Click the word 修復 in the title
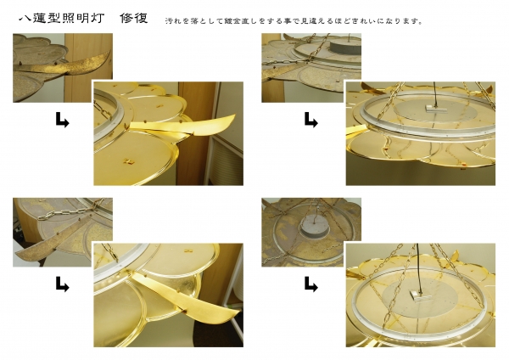point(134,18)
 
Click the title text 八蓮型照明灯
point(62,18)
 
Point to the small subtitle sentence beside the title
point(294,21)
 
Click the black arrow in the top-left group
point(62,120)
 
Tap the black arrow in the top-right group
point(311,120)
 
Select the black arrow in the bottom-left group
point(62,284)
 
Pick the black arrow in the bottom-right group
point(311,284)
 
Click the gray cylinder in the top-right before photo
point(346,47)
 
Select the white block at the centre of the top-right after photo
point(436,110)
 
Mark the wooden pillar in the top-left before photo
point(88,68)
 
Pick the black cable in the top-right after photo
point(435,94)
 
